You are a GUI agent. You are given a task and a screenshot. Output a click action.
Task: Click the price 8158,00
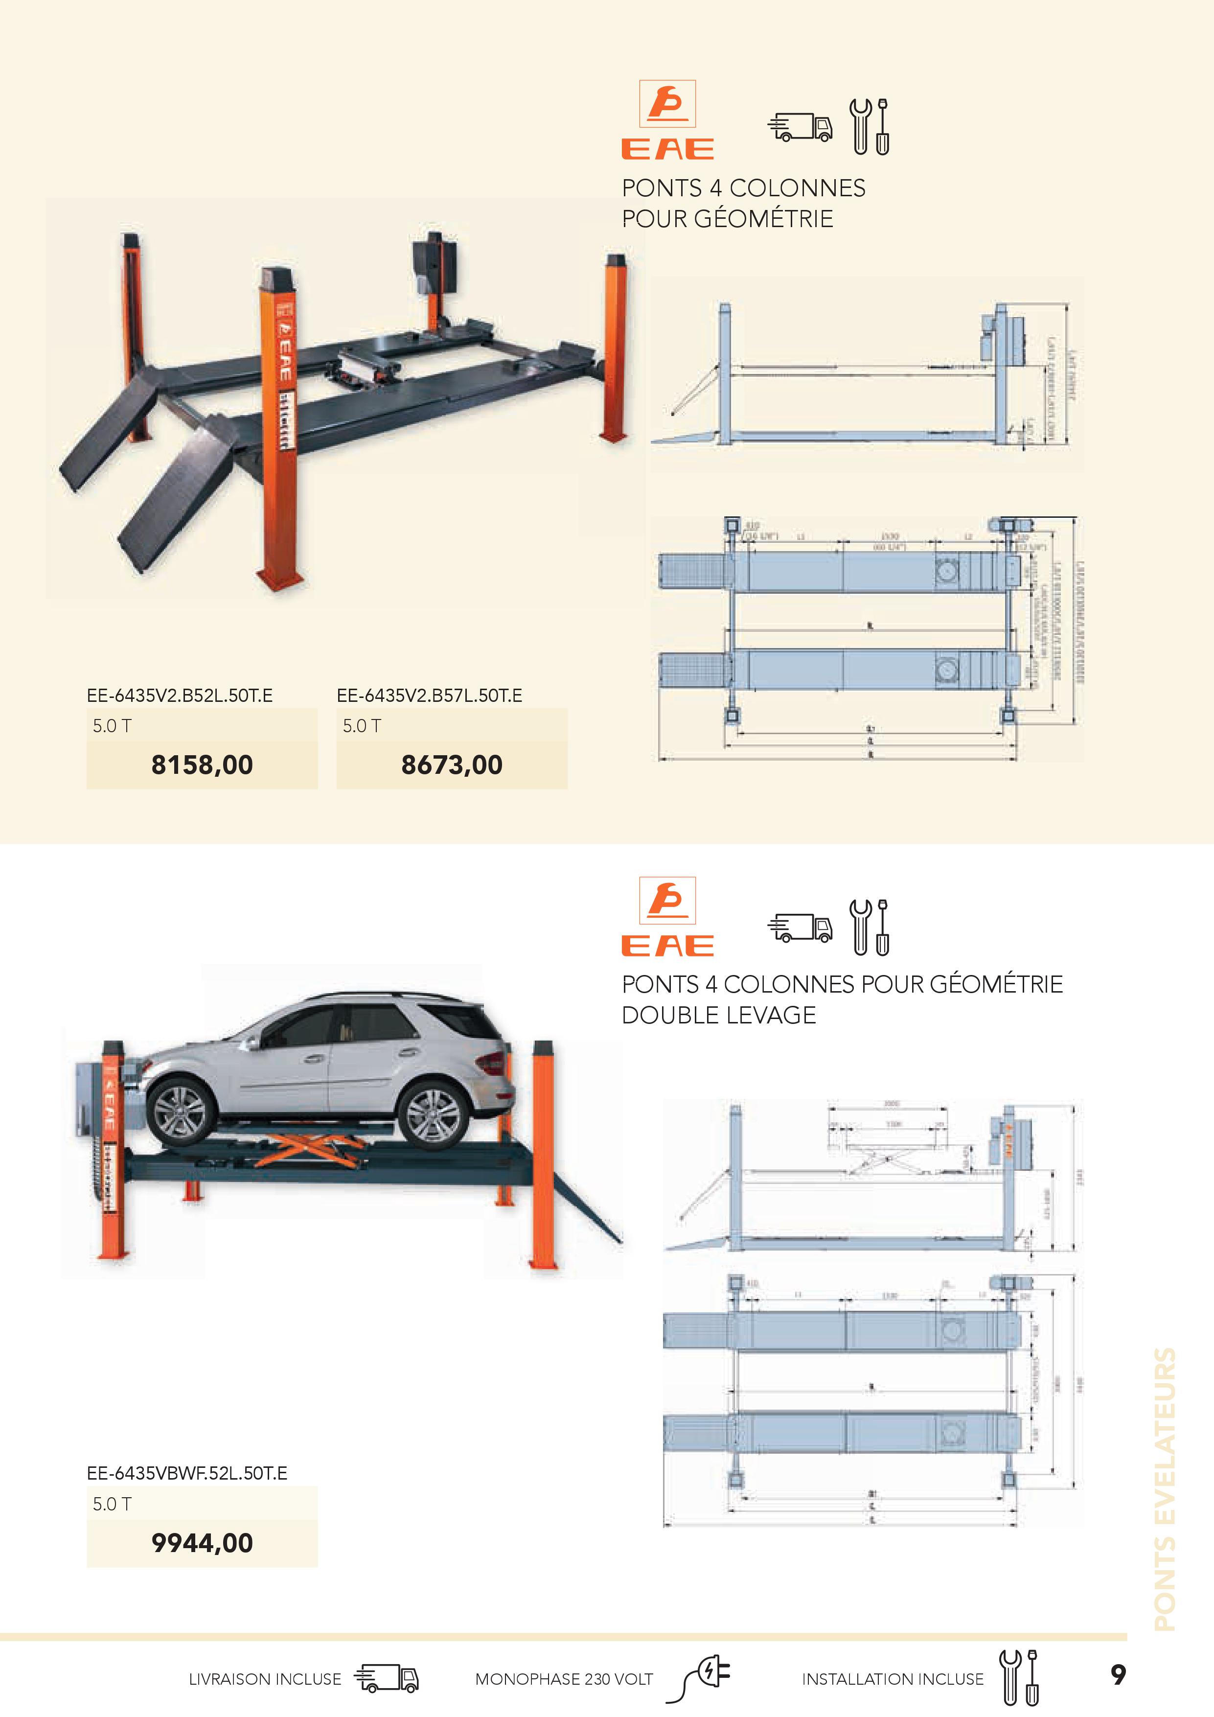click(x=202, y=764)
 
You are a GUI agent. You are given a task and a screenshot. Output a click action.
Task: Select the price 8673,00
click(x=452, y=764)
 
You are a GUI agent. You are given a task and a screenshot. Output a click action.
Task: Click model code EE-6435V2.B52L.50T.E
click(x=180, y=696)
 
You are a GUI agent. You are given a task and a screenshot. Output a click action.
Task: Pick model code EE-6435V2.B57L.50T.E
click(x=429, y=696)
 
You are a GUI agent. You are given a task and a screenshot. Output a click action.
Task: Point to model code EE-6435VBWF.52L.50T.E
click(x=187, y=1473)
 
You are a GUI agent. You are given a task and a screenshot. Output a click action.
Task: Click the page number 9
click(x=1118, y=1674)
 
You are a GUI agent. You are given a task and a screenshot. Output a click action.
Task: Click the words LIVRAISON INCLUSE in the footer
click(x=265, y=1679)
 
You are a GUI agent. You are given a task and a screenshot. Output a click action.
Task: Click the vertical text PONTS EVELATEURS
click(x=1165, y=1488)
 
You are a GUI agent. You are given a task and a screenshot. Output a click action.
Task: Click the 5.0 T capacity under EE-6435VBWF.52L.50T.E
click(x=112, y=1504)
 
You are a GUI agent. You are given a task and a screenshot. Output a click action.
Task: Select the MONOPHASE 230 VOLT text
click(x=564, y=1679)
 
